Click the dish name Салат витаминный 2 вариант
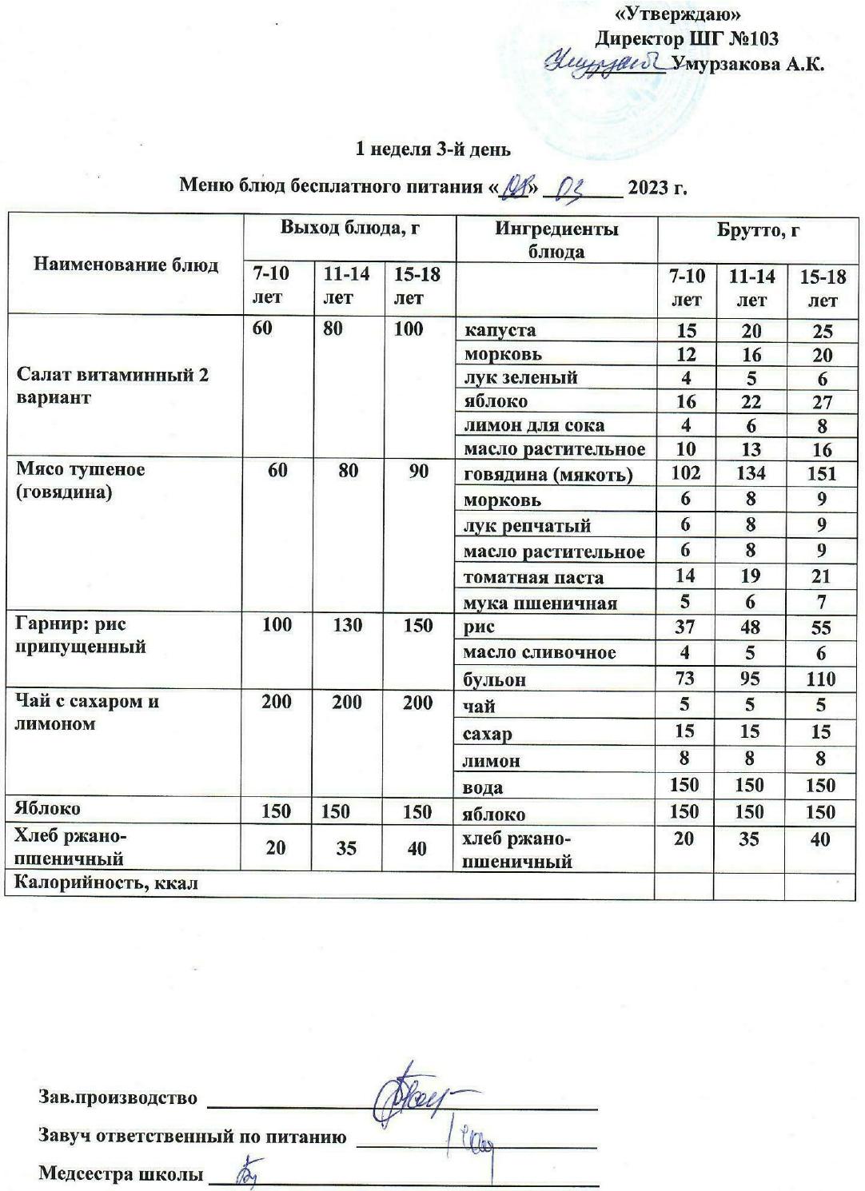113,386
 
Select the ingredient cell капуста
500,330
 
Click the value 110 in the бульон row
821,679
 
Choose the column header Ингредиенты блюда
556,240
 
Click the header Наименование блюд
126,265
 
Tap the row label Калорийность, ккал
106,883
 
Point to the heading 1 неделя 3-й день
433,149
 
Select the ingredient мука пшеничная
540,603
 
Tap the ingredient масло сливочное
540,652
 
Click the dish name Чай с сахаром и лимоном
88,712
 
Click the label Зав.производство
118,1097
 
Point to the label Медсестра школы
119,1174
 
